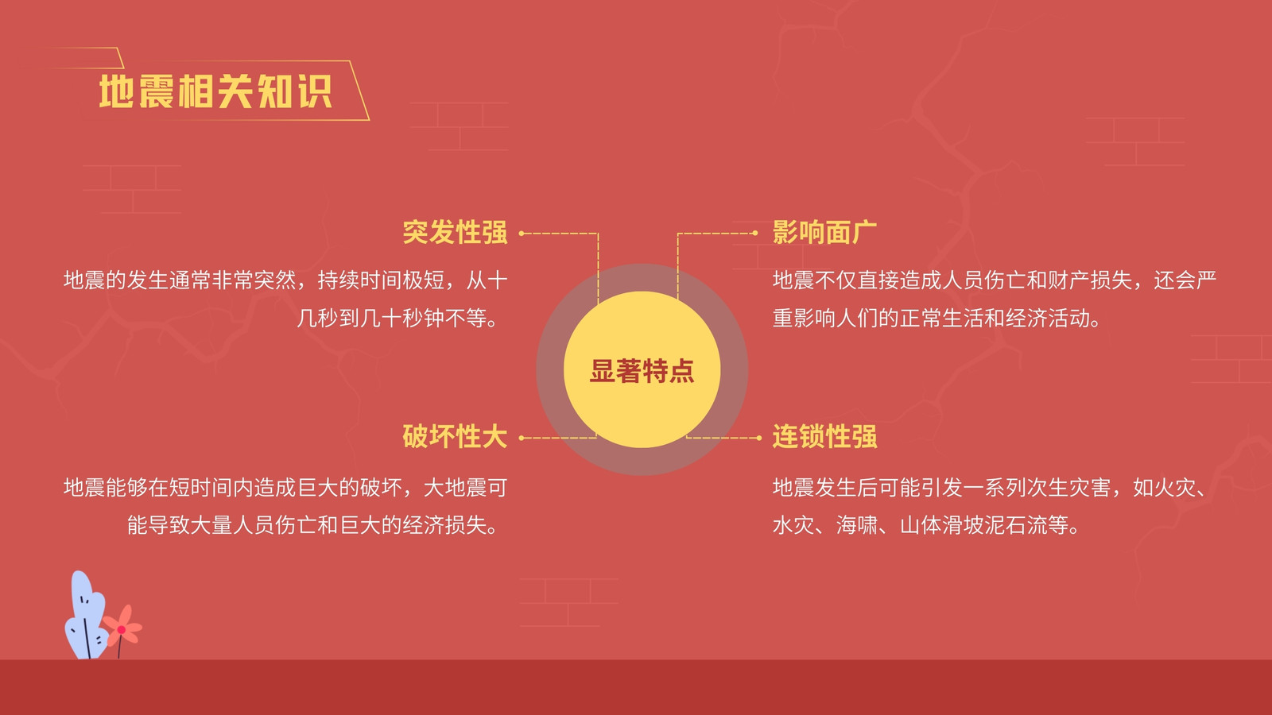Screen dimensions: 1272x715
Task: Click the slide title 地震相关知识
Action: [x=215, y=91]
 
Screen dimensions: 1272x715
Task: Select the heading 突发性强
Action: [x=455, y=233]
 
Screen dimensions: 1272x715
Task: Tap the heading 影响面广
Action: [x=824, y=233]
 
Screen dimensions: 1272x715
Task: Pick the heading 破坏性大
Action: [x=455, y=437]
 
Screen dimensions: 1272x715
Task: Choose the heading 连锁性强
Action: [x=824, y=437]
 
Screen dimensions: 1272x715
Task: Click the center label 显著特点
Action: [x=642, y=371]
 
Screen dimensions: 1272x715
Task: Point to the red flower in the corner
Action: [x=122, y=626]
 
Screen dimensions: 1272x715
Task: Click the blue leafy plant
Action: [x=85, y=616]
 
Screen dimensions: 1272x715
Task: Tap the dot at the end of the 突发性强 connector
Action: [x=522, y=234]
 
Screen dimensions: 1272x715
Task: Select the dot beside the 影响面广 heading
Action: [x=754, y=234]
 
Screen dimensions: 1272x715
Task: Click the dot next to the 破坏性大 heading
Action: [x=522, y=438]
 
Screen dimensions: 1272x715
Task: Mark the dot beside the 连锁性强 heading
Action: [x=759, y=438]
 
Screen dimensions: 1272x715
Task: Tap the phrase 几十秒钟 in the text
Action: [x=402, y=319]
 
